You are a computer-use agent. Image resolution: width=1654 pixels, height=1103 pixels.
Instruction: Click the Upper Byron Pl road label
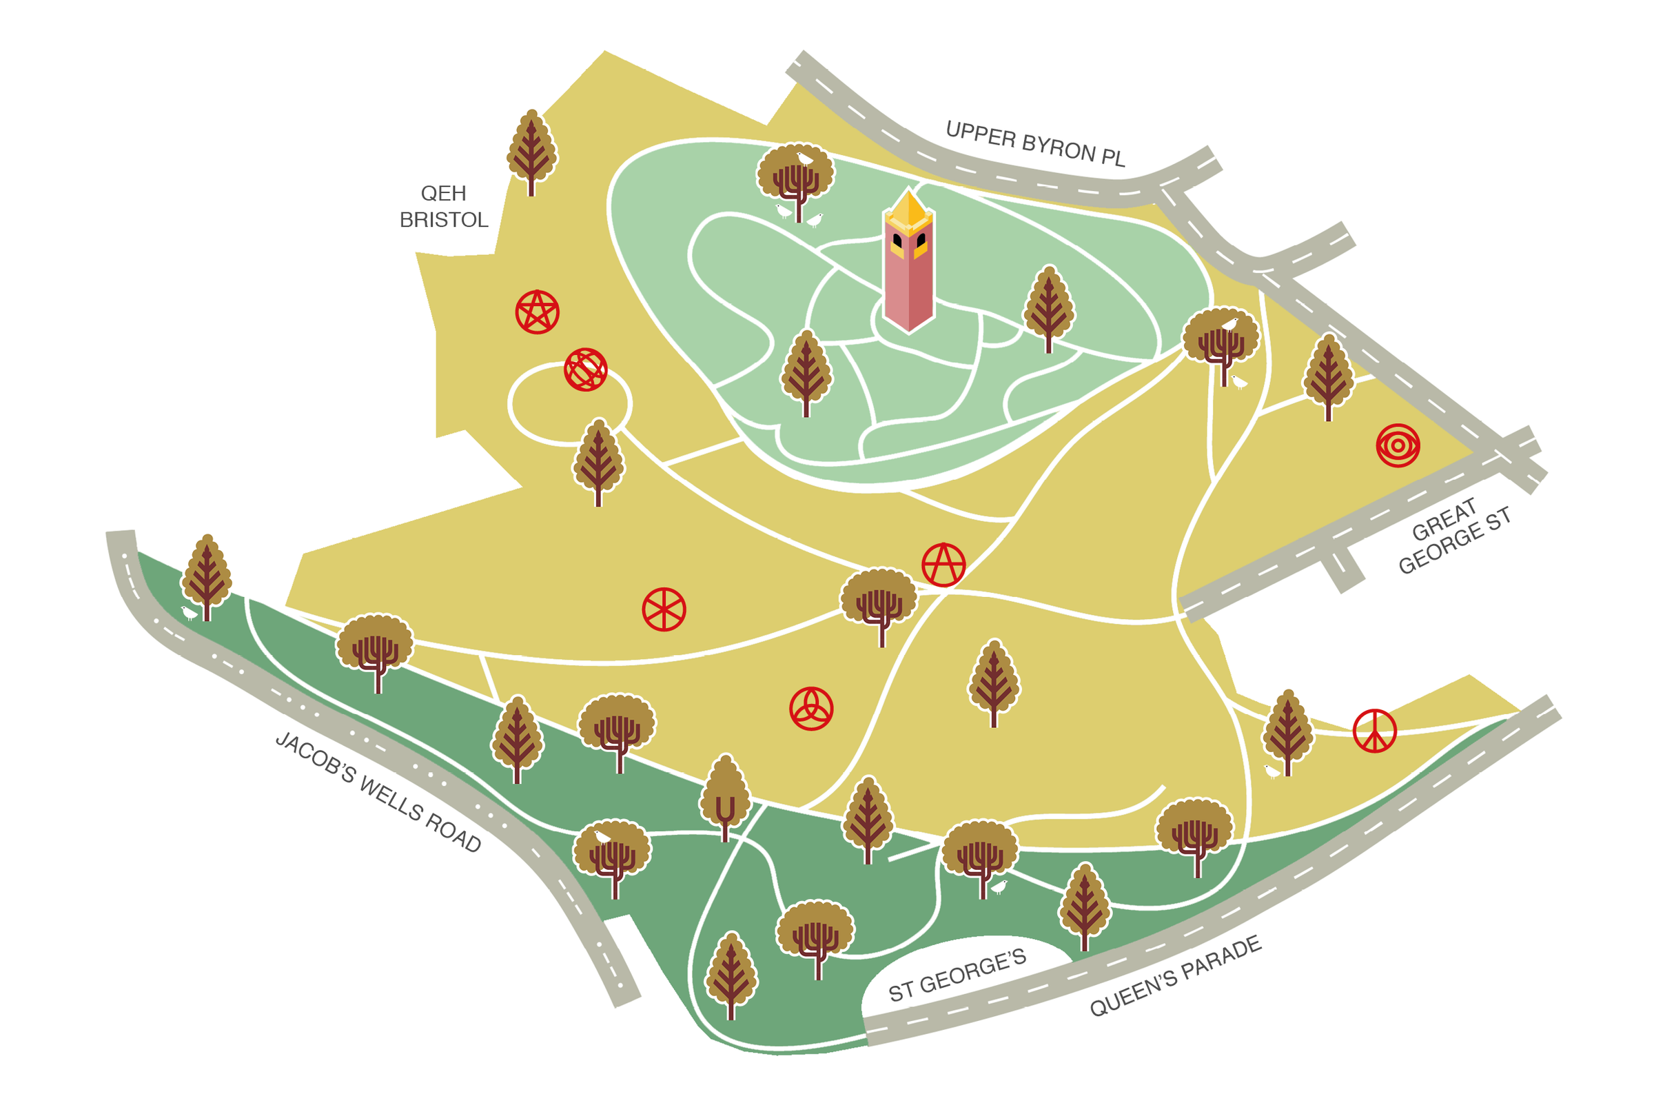1034,144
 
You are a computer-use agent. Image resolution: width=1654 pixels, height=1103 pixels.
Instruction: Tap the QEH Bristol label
444,207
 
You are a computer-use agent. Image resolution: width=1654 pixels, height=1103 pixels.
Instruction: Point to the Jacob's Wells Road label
378,792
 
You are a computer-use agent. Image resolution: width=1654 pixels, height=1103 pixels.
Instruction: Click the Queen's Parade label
1175,977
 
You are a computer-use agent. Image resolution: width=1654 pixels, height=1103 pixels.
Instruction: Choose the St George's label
957,975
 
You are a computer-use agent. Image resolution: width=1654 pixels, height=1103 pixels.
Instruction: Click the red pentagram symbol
538,312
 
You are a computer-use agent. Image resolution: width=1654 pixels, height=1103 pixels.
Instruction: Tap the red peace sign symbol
1375,731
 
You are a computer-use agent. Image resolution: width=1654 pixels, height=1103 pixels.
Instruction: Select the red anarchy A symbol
943,564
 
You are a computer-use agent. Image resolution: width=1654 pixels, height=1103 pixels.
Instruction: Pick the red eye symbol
1398,445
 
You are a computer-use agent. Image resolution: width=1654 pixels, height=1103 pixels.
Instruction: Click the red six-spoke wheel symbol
664,609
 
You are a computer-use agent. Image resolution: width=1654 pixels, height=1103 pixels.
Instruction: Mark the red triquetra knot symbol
811,709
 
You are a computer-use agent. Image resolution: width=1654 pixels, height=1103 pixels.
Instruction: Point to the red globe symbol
586,370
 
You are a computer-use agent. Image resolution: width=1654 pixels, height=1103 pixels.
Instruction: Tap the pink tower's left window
897,242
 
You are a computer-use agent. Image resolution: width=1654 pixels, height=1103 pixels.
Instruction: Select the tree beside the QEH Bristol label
531,151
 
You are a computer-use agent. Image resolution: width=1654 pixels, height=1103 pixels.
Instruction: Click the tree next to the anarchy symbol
879,602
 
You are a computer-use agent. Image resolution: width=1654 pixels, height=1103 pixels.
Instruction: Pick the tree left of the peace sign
1287,731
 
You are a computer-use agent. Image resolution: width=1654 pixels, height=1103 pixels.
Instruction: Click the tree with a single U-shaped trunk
725,796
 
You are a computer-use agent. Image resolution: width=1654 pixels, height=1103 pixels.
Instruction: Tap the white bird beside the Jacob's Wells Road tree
189,613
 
